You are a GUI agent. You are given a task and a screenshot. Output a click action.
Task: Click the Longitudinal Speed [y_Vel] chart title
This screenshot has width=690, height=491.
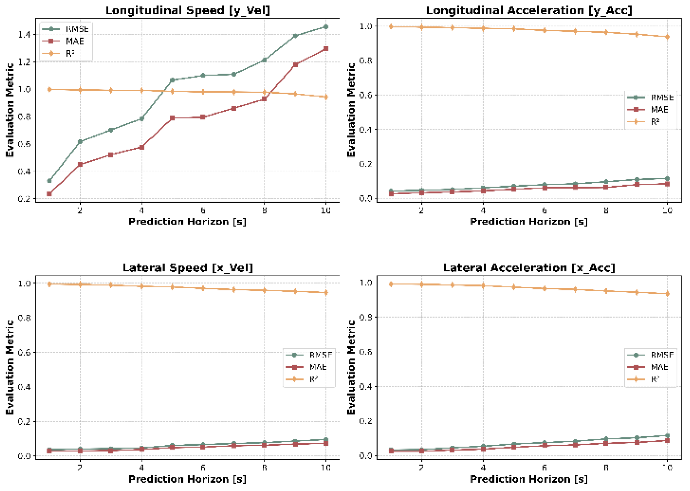click(188, 10)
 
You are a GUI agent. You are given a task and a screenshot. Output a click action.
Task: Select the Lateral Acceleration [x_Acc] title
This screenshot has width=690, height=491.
click(529, 267)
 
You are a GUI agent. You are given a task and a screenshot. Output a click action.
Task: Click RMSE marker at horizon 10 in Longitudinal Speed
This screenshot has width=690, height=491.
click(326, 27)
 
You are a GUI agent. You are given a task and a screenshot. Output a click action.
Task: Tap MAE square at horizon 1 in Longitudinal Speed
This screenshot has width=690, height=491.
click(49, 194)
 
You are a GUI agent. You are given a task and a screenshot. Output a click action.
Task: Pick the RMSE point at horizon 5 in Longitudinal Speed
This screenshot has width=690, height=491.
click(172, 80)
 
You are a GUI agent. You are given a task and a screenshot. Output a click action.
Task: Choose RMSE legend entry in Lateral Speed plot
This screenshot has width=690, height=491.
click(320, 355)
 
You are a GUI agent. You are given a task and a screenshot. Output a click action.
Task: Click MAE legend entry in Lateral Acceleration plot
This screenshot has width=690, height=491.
click(659, 367)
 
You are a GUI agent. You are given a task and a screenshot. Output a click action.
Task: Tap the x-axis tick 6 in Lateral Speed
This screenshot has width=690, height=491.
click(203, 467)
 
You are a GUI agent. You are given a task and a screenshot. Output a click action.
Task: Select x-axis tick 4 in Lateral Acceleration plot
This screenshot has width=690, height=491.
click(483, 467)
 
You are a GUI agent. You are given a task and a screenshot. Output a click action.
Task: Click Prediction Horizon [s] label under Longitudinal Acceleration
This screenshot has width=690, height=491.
click(529, 221)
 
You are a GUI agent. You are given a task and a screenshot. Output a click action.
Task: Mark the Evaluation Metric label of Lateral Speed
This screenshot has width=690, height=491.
click(10, 367)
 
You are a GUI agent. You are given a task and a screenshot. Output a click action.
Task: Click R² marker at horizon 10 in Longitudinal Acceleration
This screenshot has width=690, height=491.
click(667, 37)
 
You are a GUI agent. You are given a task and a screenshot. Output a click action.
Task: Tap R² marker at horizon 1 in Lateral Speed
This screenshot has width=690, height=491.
click(49, 284)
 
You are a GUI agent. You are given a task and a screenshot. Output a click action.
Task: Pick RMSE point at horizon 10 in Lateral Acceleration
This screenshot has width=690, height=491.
click(667, 435)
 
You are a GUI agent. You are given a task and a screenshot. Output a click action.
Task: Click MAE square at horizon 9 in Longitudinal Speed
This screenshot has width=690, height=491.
click(295, 65)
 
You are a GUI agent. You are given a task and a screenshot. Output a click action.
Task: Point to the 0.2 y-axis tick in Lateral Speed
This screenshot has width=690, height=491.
click(24, 421)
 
